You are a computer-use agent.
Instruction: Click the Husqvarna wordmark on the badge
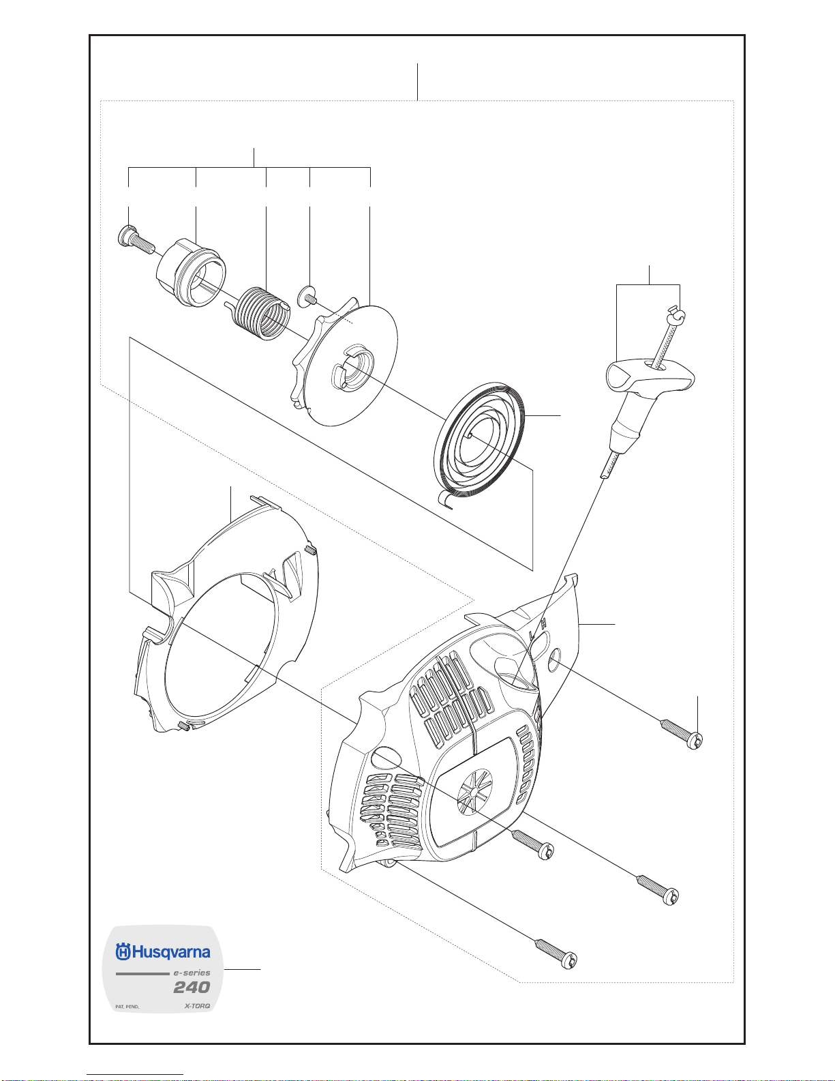[171, 952]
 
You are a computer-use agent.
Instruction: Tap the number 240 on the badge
[192, 987]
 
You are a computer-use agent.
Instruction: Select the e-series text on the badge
[192, 973]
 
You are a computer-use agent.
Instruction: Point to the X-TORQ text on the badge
[197, 1006]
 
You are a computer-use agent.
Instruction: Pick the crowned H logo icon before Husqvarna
[123, 952]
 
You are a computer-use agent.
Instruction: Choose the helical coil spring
[263, 313]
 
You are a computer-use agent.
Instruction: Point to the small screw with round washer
[307, 296]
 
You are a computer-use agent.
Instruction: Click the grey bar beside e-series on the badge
[141, 973]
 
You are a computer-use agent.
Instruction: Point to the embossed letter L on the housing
[531, 635]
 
